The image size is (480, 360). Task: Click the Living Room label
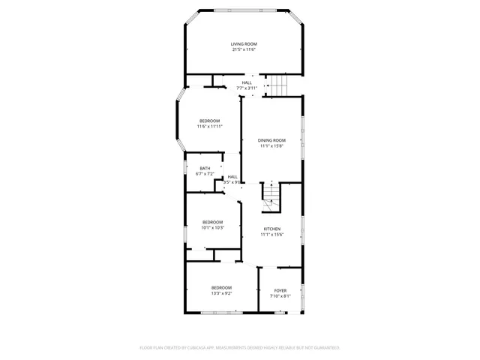click(243, 44)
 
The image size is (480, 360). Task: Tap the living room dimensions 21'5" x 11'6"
click(243, 50)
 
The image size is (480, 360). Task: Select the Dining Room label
click(271, 140)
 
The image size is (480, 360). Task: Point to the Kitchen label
click(271, 229)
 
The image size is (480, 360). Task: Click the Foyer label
click(280, 290)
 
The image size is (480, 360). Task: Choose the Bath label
click(205, 168)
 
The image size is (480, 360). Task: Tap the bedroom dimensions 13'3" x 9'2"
click(221, 294)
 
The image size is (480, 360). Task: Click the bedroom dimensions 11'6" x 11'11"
click(210, 127)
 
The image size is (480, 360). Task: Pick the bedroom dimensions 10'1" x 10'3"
click(212, 227)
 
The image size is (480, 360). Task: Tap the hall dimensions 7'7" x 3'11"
click(247, 88)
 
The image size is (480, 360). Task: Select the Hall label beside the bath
click(232, 176)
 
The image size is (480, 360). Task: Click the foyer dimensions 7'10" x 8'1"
click(280, 296)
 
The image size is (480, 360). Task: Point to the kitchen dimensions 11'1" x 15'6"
click(271, 235)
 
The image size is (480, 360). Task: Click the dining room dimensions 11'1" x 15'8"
click(271, 146)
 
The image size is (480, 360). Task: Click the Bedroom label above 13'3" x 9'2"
click(221, 288)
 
